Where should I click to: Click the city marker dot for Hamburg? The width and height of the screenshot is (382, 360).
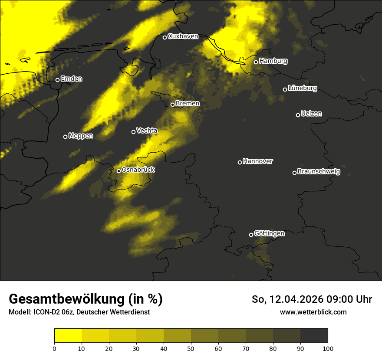256,62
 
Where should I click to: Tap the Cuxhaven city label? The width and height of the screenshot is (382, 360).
183,36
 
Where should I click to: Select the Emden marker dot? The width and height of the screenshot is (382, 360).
57,80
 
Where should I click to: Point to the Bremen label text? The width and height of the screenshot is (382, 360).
188,104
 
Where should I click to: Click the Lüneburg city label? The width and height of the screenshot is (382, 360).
303,88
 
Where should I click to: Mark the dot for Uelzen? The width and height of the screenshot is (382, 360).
298,115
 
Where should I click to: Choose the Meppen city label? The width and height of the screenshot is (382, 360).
81,136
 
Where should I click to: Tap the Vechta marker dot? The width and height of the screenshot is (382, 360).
133,132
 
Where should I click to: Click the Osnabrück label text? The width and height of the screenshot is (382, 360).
138,170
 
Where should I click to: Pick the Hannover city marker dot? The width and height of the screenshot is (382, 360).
240,162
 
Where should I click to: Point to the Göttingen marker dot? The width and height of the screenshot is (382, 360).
251,235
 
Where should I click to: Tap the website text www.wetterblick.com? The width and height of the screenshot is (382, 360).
313,312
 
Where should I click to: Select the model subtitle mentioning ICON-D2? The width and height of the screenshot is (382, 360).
79,312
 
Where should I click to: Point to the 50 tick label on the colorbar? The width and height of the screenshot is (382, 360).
191,348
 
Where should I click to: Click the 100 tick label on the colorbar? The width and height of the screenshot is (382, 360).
328,348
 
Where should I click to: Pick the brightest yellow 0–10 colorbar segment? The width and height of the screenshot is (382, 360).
68,335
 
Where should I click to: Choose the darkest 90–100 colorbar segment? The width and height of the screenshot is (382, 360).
314,335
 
